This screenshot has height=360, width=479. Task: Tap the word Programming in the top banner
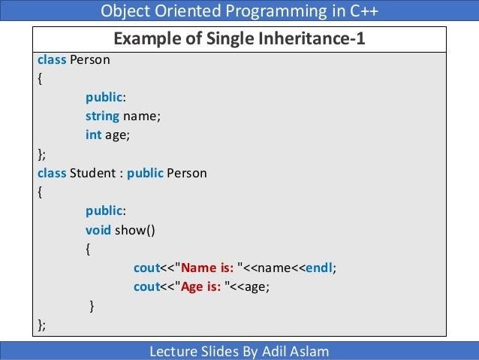click(x=276, y=11)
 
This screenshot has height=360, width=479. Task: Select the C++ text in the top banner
click(x=364, y=11)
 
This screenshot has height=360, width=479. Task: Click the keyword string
click(x=102, y=116)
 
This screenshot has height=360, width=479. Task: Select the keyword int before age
click(x=94, y=135)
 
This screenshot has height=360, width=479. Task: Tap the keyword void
click(x=98, y=230)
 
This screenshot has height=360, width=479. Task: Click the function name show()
click(x=135, y=230)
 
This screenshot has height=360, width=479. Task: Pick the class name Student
click(x=92, y=173)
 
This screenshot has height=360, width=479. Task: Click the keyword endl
click(x=319, y=268)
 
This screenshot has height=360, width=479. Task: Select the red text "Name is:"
click(x=207, y=268)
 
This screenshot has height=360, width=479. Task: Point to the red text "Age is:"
click(x=200, y=287)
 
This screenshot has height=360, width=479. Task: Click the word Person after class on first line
click(x=90, y=59)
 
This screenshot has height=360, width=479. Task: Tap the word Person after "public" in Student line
click(x=187, y=173)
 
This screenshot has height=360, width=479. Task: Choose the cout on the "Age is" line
click(x=147, y=287)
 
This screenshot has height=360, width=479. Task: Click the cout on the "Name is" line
click(x=147, y=268)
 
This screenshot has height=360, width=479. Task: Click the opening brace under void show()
click(x=88, y=250)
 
